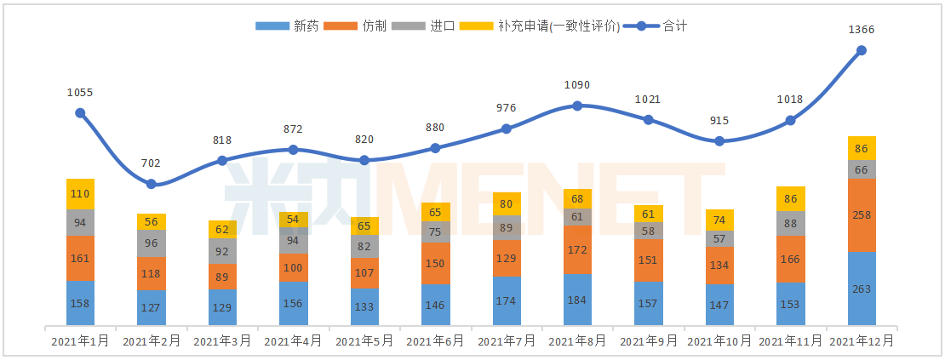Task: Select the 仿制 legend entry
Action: [x=358, y=26]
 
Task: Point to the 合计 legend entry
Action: [x=656, y=26]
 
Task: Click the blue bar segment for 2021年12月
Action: [x=862, y=288]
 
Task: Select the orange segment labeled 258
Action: [x=862, y=214]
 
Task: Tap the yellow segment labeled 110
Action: [x=80, y=194]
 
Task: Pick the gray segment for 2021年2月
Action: [x=152, y=243]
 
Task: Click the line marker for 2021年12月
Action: [x=862, y=50]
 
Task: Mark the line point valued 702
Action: [x=152, y=184]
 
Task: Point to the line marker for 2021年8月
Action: [x=577, y=106]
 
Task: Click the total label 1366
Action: [x=862, y=30]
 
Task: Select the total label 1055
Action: [x=80, y=92]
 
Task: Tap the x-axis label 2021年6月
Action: [x=435, y=341]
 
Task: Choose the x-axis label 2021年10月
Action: [x=719, y=341]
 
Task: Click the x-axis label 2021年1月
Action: [x=80, y=341]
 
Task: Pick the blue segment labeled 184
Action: [x=577, y=299]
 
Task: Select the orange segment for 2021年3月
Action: [x=222, y=276]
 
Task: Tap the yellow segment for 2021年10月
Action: [x=719, y=220]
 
